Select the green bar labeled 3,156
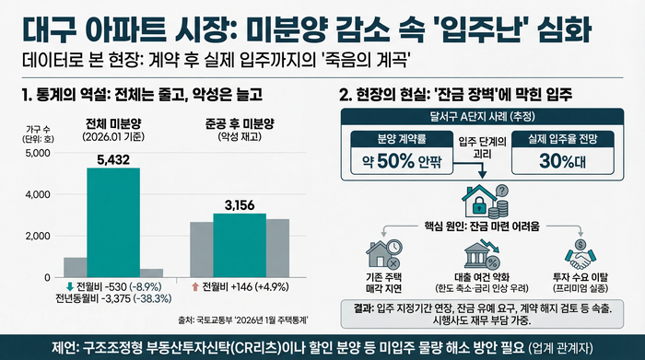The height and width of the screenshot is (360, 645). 239,245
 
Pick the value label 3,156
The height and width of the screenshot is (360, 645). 239,204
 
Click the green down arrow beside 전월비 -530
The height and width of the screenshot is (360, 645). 70,287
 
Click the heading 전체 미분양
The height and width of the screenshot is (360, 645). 113,124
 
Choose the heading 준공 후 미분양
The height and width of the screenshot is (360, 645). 239,124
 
